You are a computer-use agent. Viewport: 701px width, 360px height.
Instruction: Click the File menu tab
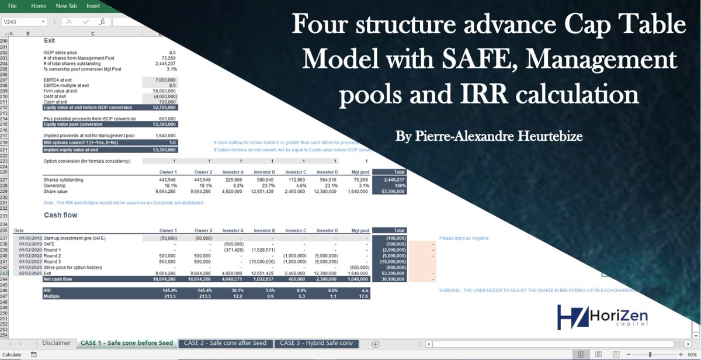[x=12, y=6]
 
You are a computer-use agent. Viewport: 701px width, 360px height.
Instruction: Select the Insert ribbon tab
[x=93, y=6]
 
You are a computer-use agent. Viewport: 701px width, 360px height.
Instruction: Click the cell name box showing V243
[x=23, y=22]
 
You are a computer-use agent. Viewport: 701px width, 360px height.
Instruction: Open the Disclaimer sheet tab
[x=56, y=343]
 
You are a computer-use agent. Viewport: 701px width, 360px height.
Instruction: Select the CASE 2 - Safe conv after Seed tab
[x=225, y=343]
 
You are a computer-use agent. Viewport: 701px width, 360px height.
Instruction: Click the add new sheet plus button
[x=375, y=344]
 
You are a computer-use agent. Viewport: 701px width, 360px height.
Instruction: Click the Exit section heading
[x=50, y=41]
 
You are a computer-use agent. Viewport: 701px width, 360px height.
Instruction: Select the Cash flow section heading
[x=61, y=215]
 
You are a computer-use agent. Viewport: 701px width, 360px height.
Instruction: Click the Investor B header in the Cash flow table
[x=264, y=231]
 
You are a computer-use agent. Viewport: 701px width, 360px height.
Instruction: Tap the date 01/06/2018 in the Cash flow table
[x=30, y=238]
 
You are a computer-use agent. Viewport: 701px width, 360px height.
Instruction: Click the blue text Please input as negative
[x=463, y=238]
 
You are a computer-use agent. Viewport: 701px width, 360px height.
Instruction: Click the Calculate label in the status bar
[x=12, y=354]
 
